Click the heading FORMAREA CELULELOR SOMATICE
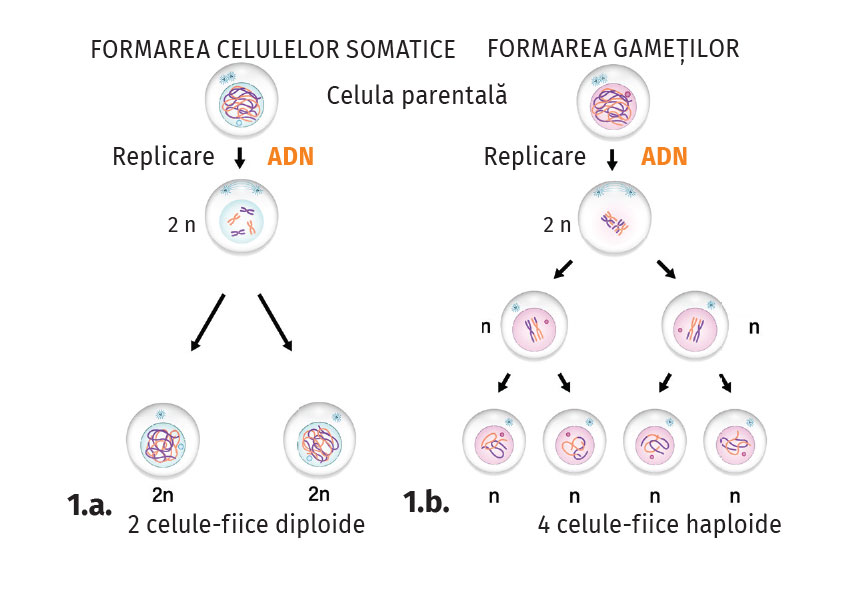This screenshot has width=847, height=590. click(272, 49)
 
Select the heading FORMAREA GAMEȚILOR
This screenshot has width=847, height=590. click(613, 48)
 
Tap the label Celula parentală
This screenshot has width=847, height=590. click(417, 97)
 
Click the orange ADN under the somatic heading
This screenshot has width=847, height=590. click(290, 157)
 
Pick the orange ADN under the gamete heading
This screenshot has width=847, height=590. click(664, 157)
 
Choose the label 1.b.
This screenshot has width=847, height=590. click(427, 502)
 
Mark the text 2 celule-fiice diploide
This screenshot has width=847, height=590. click(246, 524)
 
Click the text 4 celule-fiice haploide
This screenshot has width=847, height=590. click(656, 524)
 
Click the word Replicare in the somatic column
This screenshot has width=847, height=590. click(163, 157)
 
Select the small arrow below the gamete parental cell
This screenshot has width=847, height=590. click(612, 158)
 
